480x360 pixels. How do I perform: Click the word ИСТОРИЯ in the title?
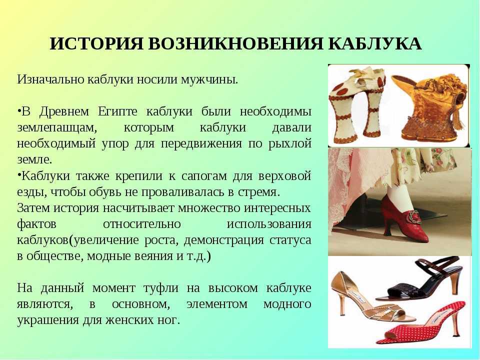[x=96, y=43]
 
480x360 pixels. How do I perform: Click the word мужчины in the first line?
[x=209, y=79]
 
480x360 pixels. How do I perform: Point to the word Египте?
[x=118, y=111]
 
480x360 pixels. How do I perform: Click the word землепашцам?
[x=57, y=128]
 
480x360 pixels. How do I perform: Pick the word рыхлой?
[x=289, y=143]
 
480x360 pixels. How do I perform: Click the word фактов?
[x=36, y=224]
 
